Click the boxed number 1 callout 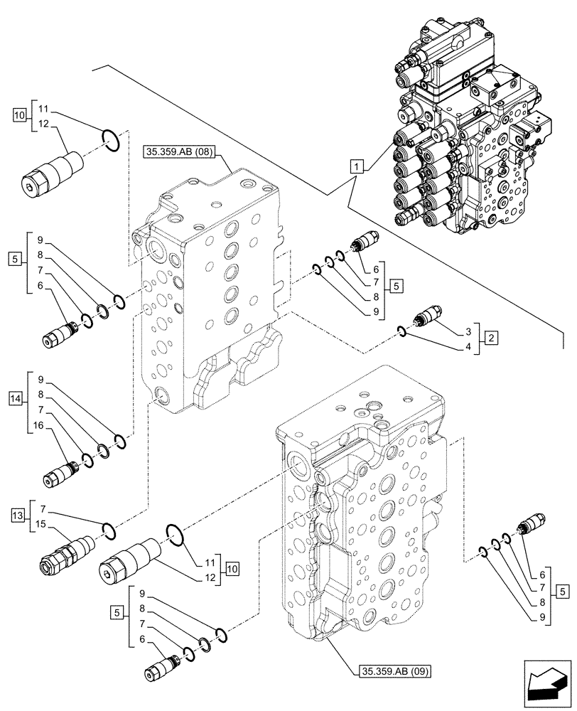click(x=357, y=167)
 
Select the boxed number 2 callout click(x=490, y=338)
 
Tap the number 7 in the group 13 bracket click(x=44, y=510)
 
